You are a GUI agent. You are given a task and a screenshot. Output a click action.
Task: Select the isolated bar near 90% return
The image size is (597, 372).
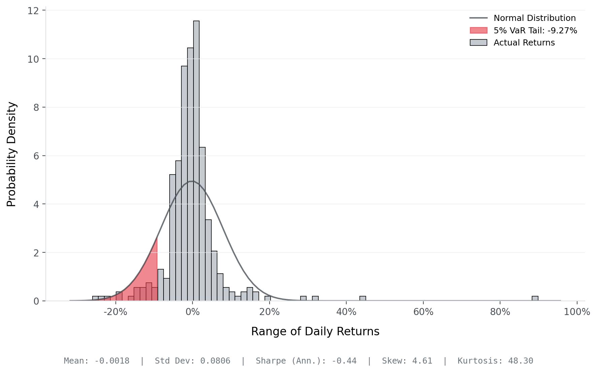[x=535, y=299]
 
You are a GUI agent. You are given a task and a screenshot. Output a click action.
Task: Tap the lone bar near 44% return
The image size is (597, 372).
[x=362, y=299]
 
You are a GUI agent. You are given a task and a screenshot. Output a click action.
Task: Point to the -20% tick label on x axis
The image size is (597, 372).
[x=115, y=312]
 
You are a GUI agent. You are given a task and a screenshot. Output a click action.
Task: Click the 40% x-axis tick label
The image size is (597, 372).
[x=346, y=312]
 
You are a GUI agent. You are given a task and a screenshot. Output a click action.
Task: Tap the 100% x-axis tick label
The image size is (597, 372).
[x=577, y=312]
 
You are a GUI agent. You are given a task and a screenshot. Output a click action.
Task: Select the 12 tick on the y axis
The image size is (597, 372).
[x=33, y=11]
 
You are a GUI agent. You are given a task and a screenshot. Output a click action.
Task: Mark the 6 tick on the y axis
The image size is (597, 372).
[x=36, y=156]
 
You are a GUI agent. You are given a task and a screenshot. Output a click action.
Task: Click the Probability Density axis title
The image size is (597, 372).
[x=11, y=154]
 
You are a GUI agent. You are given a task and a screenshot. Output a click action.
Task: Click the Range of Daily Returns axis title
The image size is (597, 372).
[x=315, y=332]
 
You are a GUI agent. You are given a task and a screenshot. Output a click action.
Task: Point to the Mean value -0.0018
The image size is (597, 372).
[x=112, y=361]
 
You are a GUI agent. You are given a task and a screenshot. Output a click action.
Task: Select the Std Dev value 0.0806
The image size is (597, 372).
[x=215, y=361]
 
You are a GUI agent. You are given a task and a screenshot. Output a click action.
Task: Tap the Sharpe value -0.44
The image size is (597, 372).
[x=344, y=361]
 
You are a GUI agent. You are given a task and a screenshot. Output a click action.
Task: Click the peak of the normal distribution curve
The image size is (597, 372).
[x=191, y=181]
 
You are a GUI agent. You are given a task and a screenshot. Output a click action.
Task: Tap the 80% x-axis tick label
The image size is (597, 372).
[x=500, y=312]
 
